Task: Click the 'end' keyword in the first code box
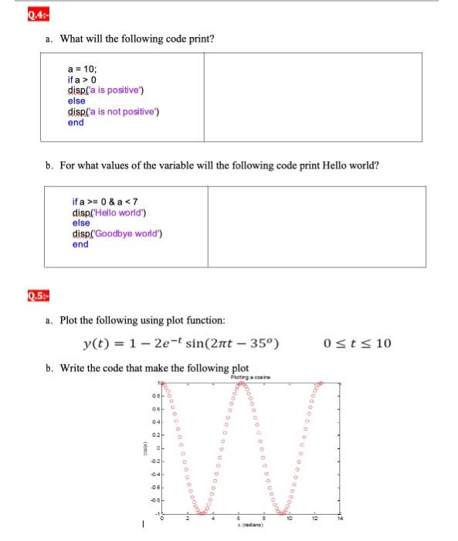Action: [x=76, y=122]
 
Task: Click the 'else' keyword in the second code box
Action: [x=81, y=223]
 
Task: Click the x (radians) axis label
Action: [x=249, y=526]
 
